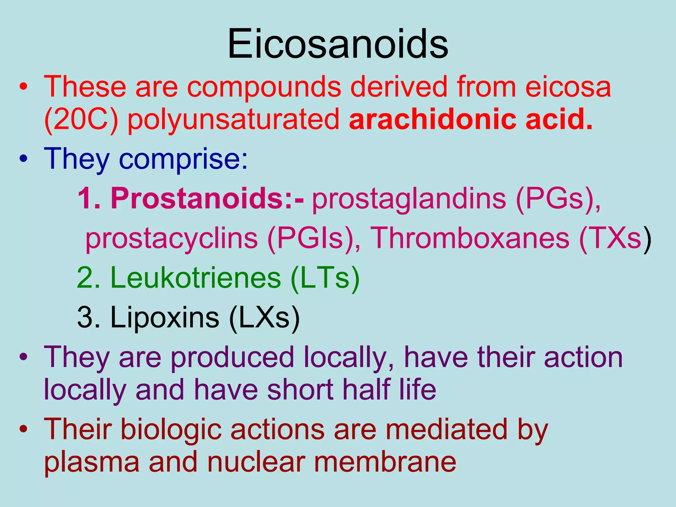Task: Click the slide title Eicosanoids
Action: tap(338, 44)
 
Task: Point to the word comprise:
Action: tap(183, 159)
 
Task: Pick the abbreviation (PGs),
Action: tap(558, 199)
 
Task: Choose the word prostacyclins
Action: tap(171, 238)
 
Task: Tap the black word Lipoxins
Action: tap(165, 318)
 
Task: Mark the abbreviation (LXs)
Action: tap(264, 318)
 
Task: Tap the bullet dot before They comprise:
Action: tap(23, 159)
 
